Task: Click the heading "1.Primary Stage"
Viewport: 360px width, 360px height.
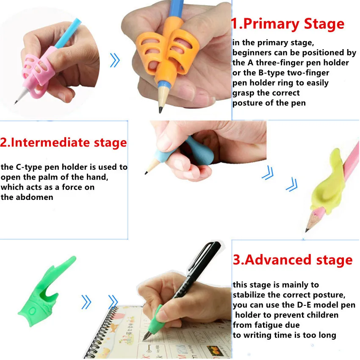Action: (288, 24)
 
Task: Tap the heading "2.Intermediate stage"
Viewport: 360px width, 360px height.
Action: (64, 142)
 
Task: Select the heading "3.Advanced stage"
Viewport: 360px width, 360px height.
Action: (293, 260)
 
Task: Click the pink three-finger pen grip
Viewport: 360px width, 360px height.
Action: (37, 72)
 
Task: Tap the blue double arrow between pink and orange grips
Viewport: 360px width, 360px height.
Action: (115, 60)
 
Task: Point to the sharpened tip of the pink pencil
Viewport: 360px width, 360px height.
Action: (307, 230)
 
